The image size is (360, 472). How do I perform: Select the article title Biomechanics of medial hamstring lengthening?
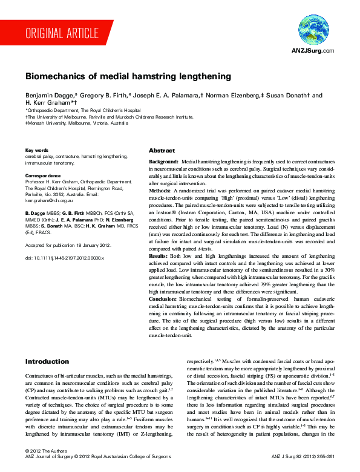(x=128, y=77)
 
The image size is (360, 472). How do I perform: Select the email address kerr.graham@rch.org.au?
(x=52, y=200)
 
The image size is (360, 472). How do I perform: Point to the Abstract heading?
(x=162, y=150)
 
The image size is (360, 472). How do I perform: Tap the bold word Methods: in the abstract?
(x=161, y=190)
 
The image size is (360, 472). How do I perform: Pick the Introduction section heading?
(x=47, y=361)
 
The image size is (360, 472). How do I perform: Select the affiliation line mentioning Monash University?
(x=76, y=122)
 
